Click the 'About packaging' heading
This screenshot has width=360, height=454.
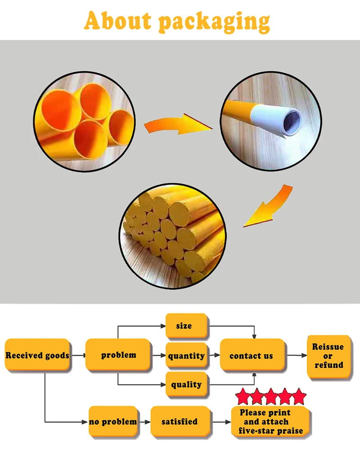177,21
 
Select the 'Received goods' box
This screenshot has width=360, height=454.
37,355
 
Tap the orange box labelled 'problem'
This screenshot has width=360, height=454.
118,355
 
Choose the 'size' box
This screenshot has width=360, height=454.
186,326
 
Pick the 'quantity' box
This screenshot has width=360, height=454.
186,356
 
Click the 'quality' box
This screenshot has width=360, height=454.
186,385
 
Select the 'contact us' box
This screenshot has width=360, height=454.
252,356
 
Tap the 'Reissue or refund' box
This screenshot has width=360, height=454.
328,356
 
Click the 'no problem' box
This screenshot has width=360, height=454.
112,422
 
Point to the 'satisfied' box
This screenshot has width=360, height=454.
180,422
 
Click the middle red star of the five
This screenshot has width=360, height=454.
271,397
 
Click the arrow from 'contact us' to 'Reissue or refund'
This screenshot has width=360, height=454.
297,356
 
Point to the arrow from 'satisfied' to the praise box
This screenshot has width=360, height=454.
221,422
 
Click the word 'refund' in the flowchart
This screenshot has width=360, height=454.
328,365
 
